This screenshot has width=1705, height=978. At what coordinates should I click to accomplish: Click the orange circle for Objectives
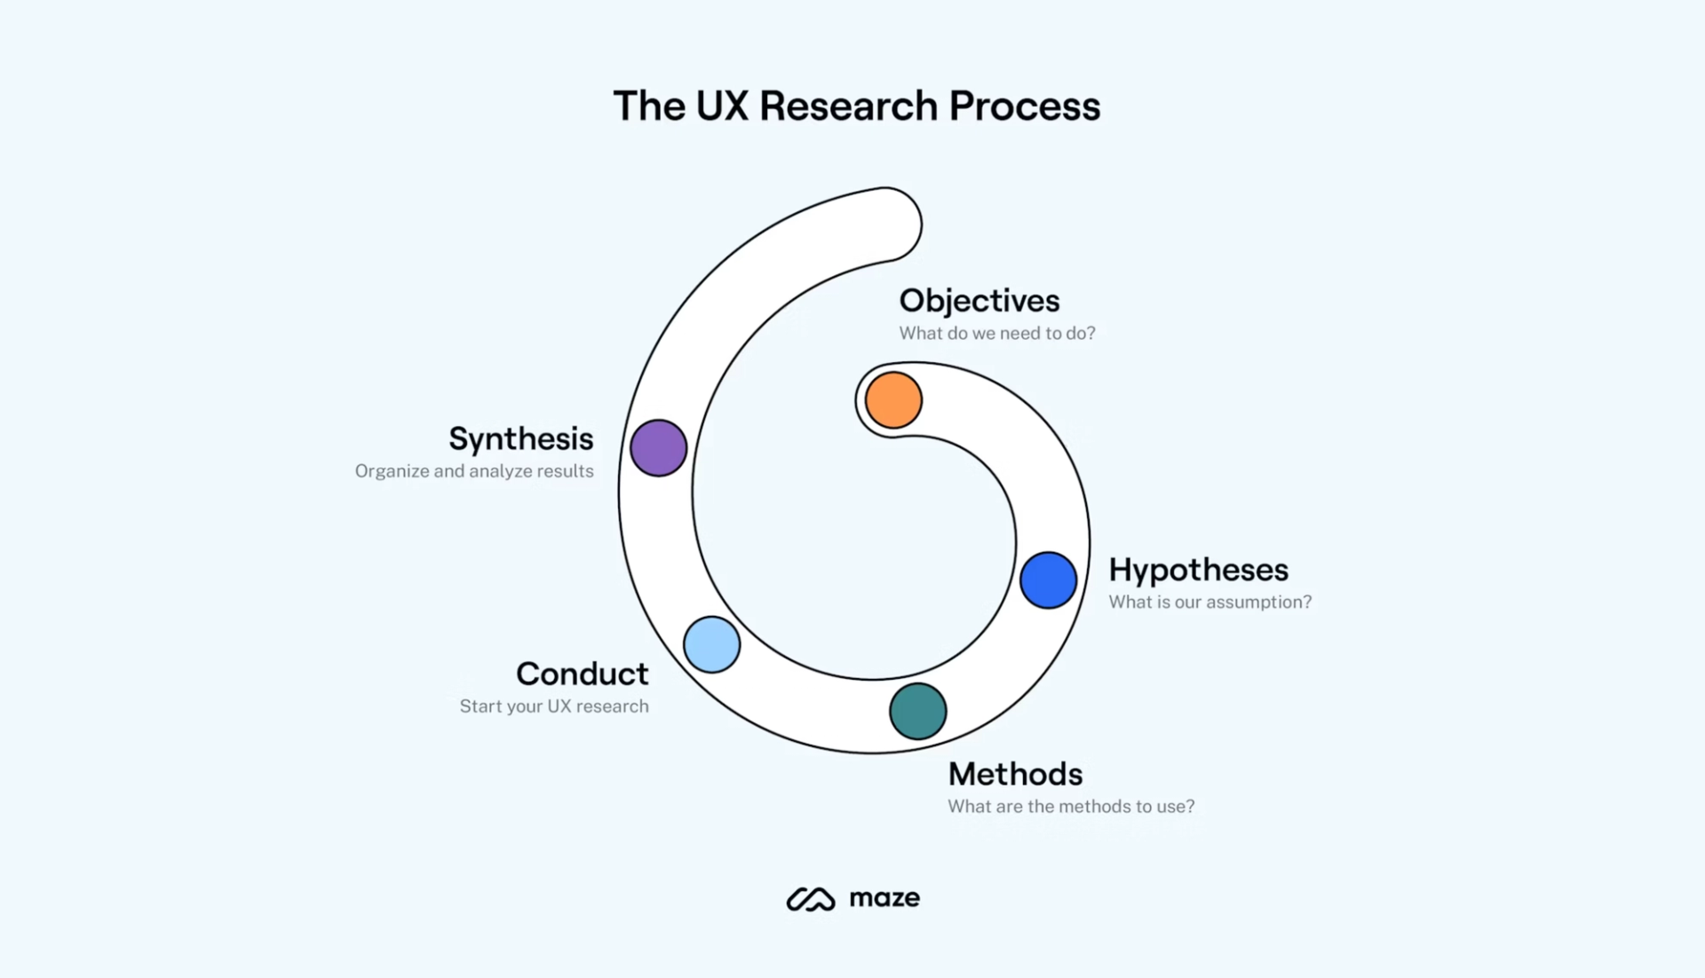pyautogui.click(x=893, y=400)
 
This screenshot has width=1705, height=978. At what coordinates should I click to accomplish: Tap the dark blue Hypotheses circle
pyautogui.click(x=1048, y=580)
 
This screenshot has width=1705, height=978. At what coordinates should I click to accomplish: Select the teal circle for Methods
pyautogui.click(x=917, y=711)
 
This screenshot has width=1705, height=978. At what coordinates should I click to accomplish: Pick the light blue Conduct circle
pyautogui.click(x=711, y=644)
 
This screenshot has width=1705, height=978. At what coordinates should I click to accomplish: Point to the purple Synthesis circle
pyautogui.click(x=658, y=448)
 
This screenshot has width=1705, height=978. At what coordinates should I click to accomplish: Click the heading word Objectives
pyautogui.click(x=979, y=301)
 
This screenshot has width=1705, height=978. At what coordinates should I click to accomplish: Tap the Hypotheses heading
pyautogui.click(x=1198, y=570)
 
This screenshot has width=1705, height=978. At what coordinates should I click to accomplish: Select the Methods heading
pyautogui.click(x=1015, y=775)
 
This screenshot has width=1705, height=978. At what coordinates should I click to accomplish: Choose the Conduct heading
pyautogui.click(x=582, y=674)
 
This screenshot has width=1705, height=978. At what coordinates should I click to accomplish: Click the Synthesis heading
pyautogui.click(x=520, y=439)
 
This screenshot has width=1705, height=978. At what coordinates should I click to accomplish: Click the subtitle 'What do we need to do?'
pyautogui.click(x=996, y=334)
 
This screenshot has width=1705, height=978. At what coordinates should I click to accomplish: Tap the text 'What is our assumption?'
pyautogui.click(x=1209, y=603)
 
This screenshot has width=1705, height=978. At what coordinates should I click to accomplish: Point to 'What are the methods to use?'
pyautogui.click(x=1070, y=807)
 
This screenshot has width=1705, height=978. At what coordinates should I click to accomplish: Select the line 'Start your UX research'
pyautogui.click(x=553, y=706)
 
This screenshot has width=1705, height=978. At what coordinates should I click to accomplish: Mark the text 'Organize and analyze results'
pyautogui.click(x=474, y=471)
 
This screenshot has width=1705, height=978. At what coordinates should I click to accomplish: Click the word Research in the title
pyautogui.click(x=848, y=106)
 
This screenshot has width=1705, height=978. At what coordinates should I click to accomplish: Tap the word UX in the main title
pyautogui.click(x=722, y=106)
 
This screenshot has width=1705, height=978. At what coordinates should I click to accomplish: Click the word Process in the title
pyautogui.click(x=1024, y=106)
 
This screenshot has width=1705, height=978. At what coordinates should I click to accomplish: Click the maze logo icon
pyautogui.click(x=810, y=899)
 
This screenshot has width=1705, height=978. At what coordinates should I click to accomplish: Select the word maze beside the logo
pyautogui.click(x=884, y=898)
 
